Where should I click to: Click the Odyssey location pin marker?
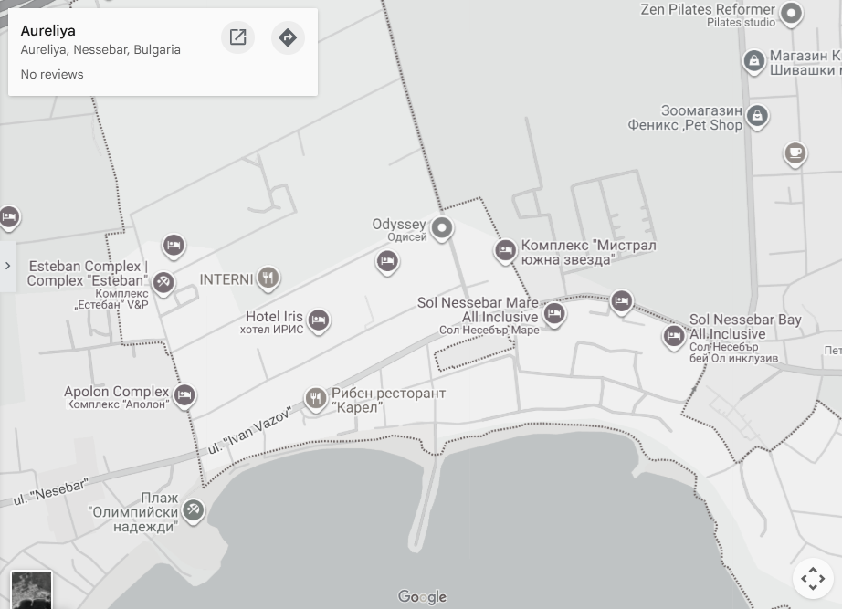442,227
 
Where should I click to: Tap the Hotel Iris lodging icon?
318,320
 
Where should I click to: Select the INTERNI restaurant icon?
268,278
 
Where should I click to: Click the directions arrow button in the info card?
288,37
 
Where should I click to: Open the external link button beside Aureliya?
237,37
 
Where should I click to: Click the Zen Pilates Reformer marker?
792,13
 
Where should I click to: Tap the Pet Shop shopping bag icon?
756,116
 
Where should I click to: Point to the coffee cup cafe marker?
795,152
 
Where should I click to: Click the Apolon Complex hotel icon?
184,395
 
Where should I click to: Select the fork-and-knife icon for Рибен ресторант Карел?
316,398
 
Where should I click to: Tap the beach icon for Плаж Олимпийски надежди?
193,509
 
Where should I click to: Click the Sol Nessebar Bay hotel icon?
674,336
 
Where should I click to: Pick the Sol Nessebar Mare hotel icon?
553,313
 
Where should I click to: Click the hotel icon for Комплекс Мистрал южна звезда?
505,250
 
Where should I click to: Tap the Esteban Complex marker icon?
163,281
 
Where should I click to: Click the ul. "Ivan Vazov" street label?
248,431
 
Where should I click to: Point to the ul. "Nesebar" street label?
50,492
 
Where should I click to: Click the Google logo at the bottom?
422,597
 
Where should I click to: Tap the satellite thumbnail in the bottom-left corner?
31,590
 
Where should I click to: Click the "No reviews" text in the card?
52,74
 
